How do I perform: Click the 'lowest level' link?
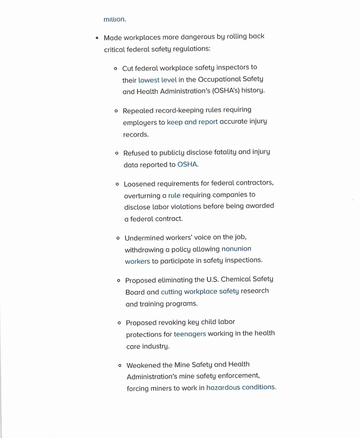pos(157,80)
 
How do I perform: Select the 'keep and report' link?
pos(192,122)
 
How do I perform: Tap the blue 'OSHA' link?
pos(187,165)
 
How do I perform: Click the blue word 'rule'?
pos(174,195)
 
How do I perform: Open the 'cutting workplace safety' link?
pos(200,291)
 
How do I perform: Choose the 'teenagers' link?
pos(190,334)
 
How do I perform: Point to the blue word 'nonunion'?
pos(236,249)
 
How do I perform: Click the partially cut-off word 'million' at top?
pos(114,19)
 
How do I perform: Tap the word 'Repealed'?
pos(138,110)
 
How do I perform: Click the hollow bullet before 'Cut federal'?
pos(116,68)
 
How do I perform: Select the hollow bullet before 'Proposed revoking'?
pos(119,323)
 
